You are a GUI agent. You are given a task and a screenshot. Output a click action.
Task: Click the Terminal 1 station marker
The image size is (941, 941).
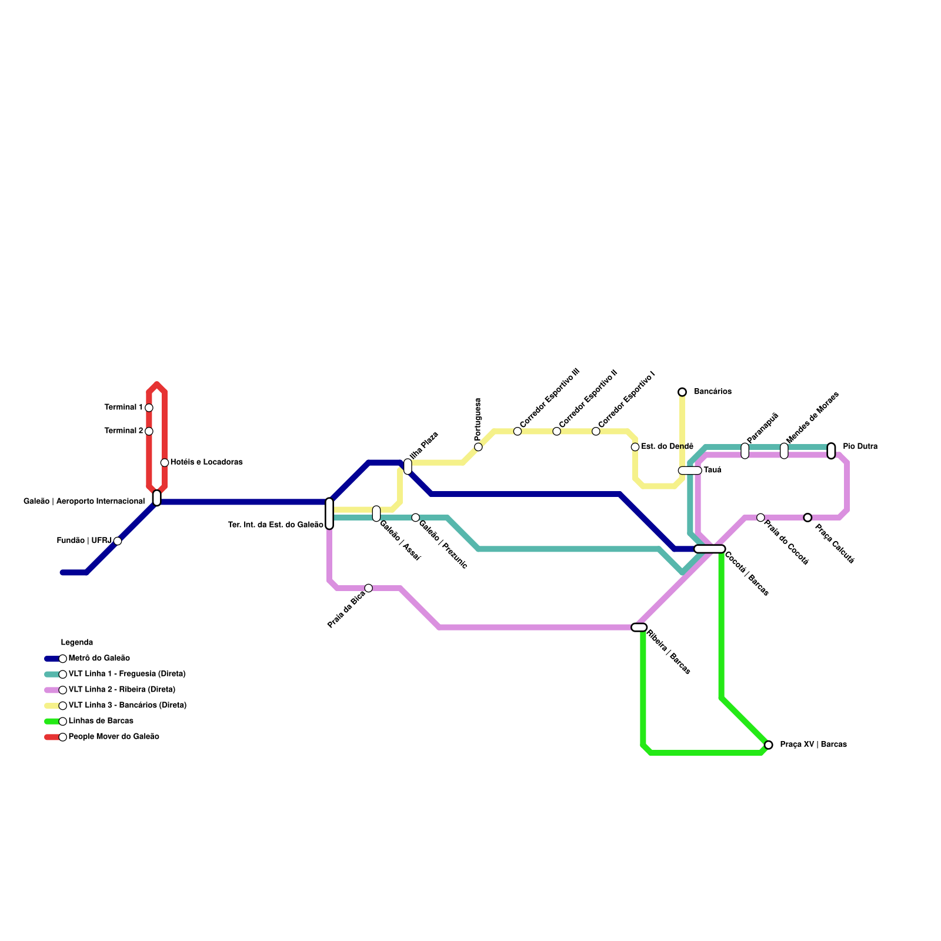tap(149, 408)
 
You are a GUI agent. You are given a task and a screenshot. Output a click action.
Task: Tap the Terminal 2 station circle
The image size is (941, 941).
tap(149, 431)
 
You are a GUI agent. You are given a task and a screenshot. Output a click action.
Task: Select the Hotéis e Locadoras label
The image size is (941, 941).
tap(206, 462)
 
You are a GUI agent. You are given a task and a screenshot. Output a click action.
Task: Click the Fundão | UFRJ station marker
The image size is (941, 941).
tap(118, 541)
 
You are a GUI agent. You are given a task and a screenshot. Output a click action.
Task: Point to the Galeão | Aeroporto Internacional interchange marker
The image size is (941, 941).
tap(156, 498)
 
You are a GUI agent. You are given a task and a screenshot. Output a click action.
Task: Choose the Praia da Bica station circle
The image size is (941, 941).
tap(368, 588)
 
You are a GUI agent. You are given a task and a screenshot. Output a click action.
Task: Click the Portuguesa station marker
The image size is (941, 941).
tap(478, 447)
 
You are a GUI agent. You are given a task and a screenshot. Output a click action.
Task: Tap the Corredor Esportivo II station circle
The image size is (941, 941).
tap(556, 432)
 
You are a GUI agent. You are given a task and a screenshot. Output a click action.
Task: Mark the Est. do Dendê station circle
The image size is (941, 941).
tap(635, 447)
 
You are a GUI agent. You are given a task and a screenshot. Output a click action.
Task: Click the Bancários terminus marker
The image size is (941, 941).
tap(682, 392)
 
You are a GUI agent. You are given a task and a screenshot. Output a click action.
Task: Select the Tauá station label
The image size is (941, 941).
tap(712, 470)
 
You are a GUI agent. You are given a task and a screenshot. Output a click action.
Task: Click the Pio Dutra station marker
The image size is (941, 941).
tap(831, 451)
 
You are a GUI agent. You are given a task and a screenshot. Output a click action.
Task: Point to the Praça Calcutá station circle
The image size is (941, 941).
tap(807, 518)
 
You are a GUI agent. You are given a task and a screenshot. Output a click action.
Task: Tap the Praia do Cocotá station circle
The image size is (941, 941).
tap(760, 518)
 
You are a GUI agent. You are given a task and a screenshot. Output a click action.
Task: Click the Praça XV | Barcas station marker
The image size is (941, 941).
tap(768, 745)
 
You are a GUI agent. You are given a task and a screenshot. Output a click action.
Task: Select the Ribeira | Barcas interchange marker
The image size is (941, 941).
tap(639, 628)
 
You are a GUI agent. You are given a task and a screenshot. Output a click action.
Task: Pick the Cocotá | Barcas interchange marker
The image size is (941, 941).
tap(710, 549)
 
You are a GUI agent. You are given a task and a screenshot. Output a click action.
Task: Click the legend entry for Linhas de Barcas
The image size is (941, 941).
tap(101, 721)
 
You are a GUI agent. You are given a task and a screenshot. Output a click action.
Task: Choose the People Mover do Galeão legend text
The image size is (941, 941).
tap(114, 737)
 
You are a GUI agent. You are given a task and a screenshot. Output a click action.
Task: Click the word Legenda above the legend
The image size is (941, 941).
tap(77, 643)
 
